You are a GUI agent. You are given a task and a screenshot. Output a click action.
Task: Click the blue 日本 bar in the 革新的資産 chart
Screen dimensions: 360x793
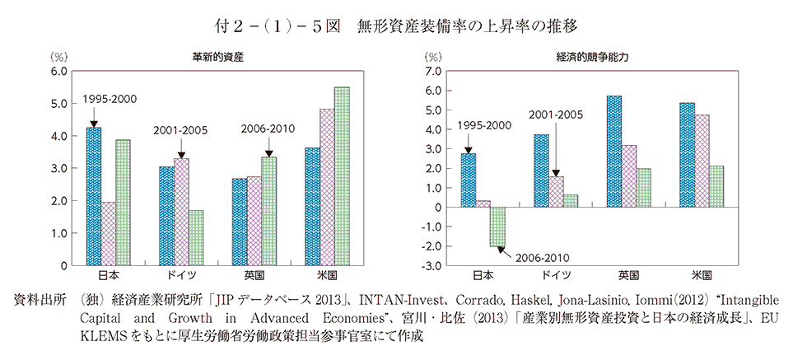(x=95, y=197)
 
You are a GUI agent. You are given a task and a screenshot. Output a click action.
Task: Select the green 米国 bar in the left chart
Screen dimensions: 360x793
(x=342, y=176)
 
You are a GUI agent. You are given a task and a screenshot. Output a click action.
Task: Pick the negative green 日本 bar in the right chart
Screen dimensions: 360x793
(x=497, y=227)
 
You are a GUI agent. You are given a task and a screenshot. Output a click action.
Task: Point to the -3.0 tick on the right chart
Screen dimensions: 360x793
(x=430, y=265)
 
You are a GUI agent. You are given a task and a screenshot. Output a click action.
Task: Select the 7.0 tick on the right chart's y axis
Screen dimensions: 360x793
(x=431, y=72)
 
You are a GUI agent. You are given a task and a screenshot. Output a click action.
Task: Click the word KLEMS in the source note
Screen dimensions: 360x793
(x=101, y=336)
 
